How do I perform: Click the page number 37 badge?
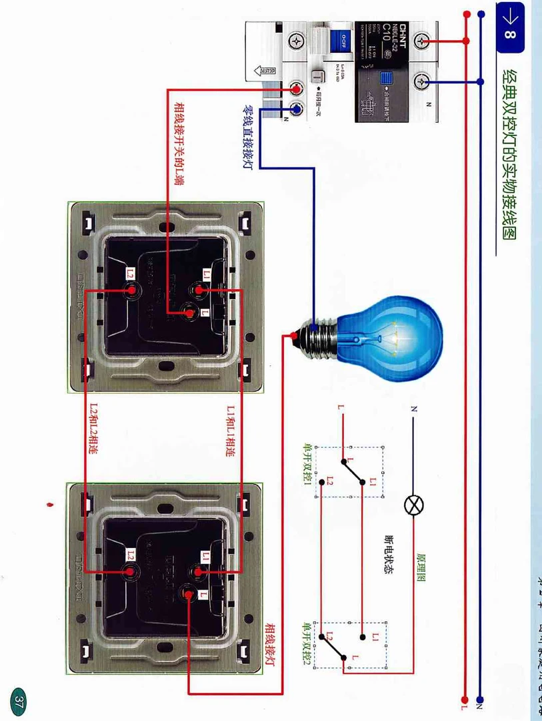(19, 701)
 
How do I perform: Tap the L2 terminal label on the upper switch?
(131, 274)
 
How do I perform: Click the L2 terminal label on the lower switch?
(131, 554)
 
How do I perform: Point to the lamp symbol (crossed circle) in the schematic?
(414, 505)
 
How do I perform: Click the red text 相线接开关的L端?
(179, 143)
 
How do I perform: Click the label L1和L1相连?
(231, 431)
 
